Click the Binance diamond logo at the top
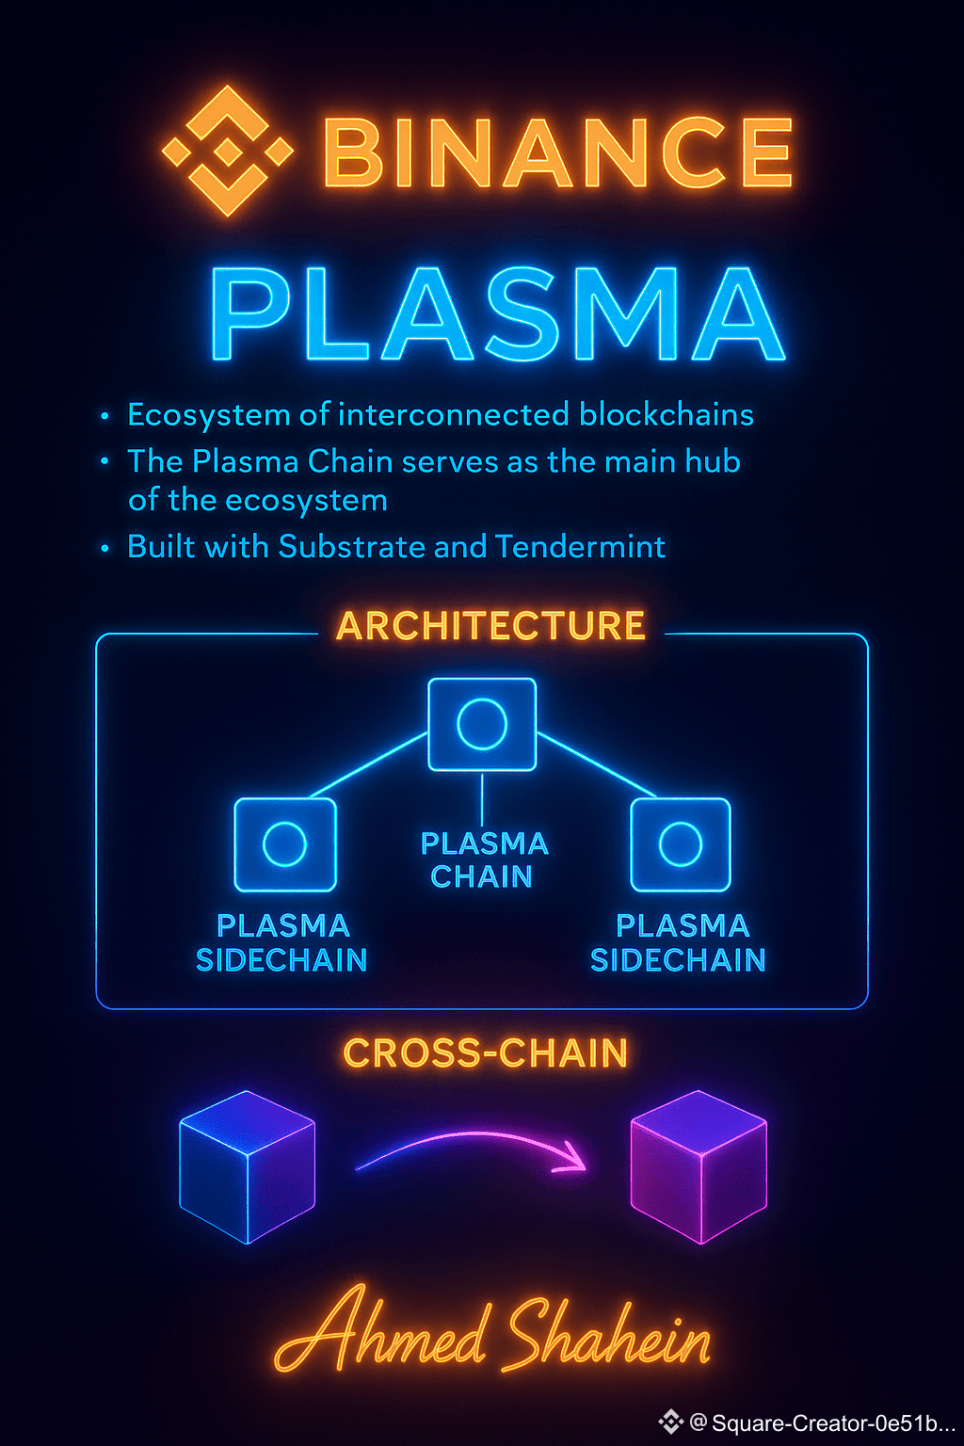(227, 151)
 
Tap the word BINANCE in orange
(557, 153)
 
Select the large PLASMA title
(497, 314)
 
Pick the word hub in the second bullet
(714, 461)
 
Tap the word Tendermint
(581, 547)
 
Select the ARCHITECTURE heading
(490, 626)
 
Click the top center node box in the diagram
(482, 724)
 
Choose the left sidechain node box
(285, 844)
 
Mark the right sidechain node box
(681, 844)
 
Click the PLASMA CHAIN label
(483, 860)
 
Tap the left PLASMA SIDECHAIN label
(281, 942)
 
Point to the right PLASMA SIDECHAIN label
(679, 942)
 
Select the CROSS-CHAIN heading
(486, 1053)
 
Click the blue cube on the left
(247, 1167)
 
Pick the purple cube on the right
(699, 1167)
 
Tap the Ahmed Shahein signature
(492, 1332)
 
